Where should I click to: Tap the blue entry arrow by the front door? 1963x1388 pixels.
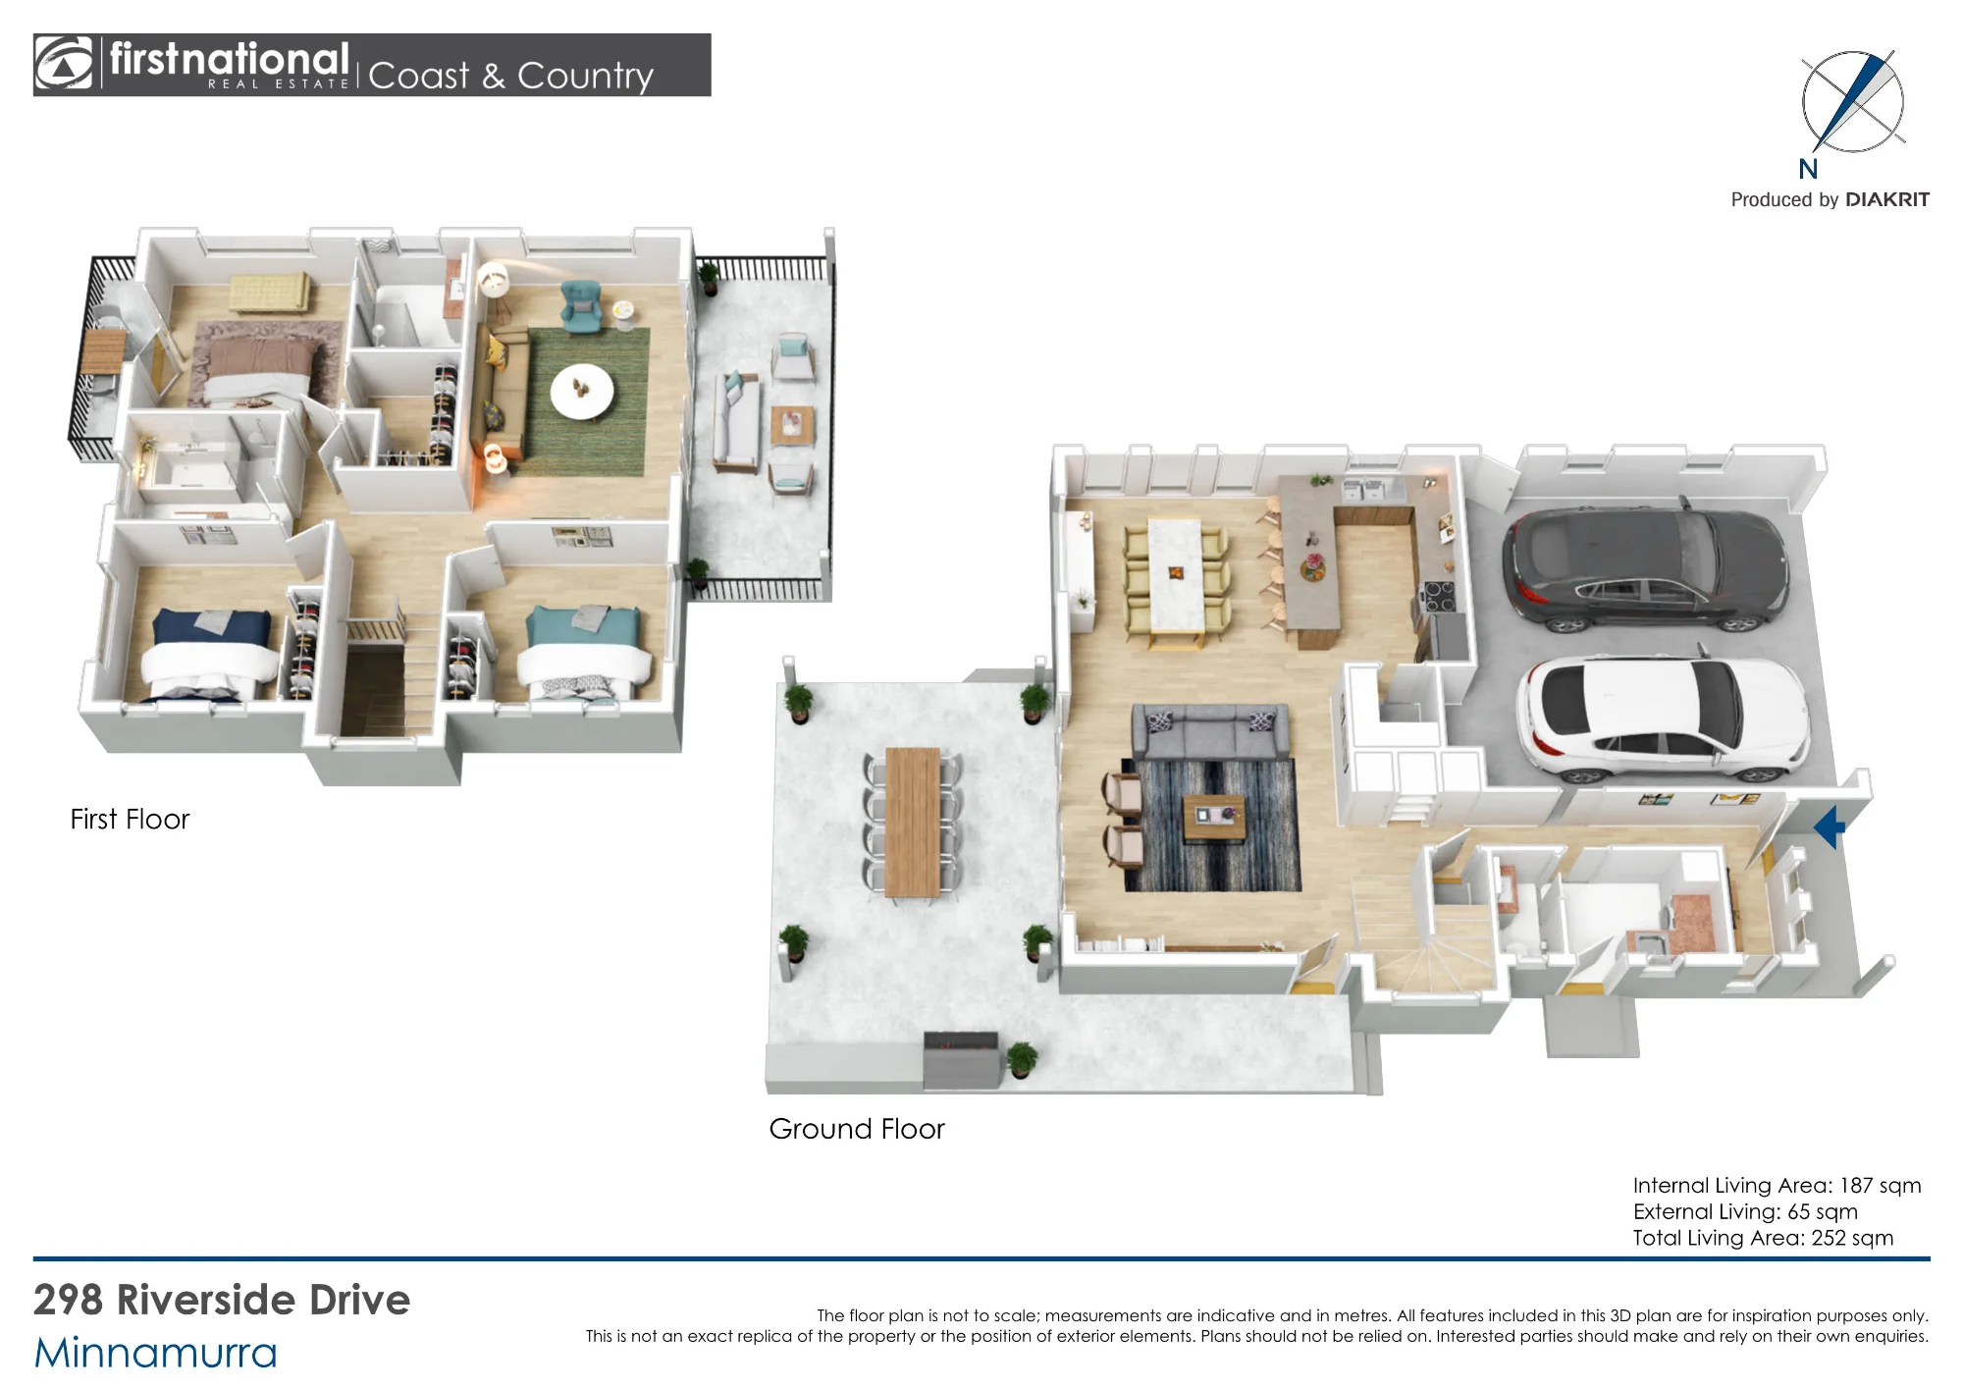coord(1830,827)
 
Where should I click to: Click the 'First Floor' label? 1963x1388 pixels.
coord(130,819)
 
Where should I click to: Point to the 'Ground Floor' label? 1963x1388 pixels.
coord(857,1129)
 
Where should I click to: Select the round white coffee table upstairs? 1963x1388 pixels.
coord(582,392)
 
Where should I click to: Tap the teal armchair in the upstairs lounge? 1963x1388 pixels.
coord(581,304)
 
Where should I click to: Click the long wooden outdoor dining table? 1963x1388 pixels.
coord(913,823)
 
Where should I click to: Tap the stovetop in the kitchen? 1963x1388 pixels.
coord(1440,597)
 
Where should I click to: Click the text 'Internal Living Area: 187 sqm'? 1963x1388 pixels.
coord(1777,1185)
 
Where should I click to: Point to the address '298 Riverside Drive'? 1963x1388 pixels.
coord(222,1300)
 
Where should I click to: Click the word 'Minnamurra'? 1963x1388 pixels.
coord(155,1353)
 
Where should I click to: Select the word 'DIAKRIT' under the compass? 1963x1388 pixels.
coord(1887,199)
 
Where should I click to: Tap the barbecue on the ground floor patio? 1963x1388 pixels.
coord(961,1060)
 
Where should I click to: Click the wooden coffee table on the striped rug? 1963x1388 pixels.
coord(1214,819)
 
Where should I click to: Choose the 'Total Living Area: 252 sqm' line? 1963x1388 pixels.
coord(1763,1238)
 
